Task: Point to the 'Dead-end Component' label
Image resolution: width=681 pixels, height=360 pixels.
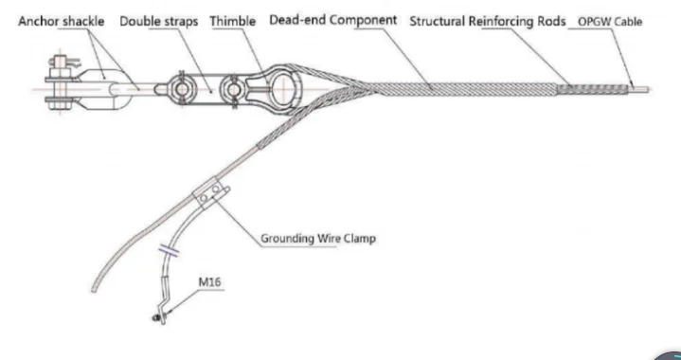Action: coord(332,20)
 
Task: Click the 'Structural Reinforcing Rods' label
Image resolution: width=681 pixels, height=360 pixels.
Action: coord(487,21)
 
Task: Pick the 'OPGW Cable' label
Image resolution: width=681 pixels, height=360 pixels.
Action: coord(609,21)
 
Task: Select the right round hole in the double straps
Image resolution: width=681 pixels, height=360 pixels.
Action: coord(230,90)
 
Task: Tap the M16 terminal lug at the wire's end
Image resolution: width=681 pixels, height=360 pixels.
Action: coord(159,314)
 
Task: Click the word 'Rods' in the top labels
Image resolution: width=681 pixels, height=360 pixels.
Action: coord(547,21)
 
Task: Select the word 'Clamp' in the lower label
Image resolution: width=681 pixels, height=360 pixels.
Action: coord(356,238)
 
